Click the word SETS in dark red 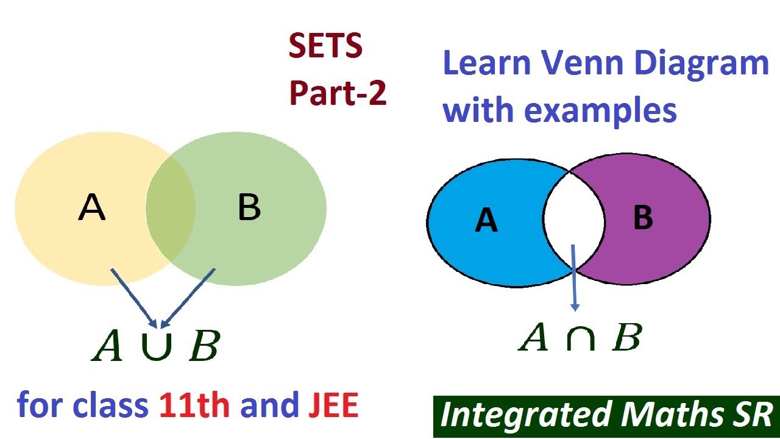click(325, 48)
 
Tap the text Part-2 click(338, 93)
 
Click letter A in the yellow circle click(92, 209)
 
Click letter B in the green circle click(249, 209)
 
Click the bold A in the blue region click(486, 220)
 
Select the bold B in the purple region click(643, 218)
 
